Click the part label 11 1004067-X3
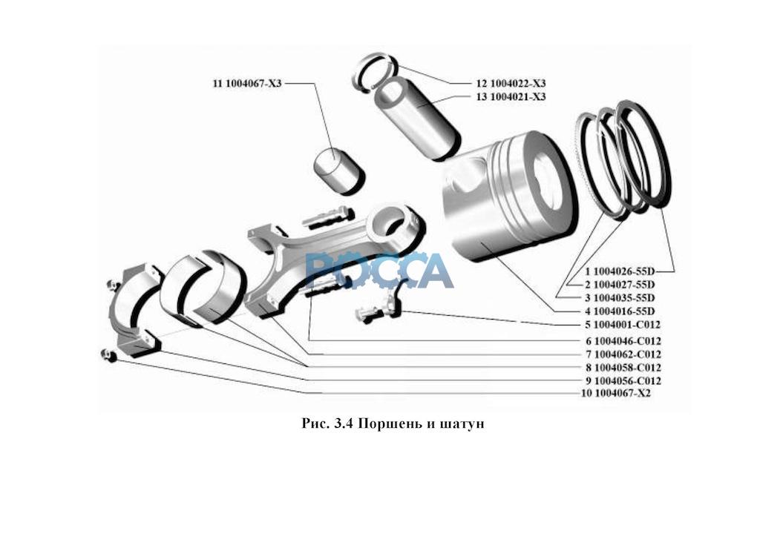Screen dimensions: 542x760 point(247,84)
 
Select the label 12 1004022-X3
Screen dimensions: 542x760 point(510,84)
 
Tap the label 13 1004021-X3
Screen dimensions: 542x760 point(510,97)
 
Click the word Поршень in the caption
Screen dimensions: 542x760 point(385,424)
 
